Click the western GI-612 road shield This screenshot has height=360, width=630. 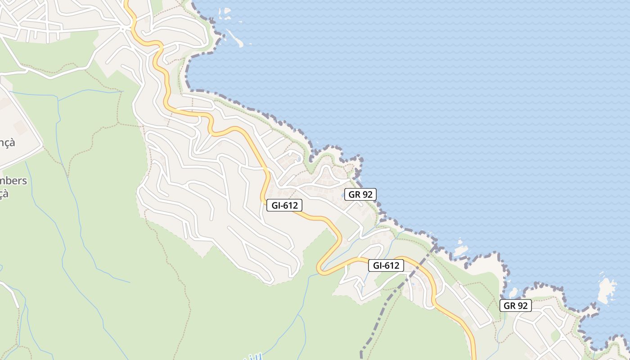point(284,205)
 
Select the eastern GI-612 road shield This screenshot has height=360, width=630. point(386,265)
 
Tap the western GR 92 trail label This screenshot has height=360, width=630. point(360,194)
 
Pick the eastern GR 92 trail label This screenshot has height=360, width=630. point(515,306)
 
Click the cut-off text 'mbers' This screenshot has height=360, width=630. point(13,181)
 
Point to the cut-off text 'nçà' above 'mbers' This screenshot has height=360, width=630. point(8,143)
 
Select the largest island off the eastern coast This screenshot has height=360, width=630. point(607,290)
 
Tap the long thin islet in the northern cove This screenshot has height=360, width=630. point(235,38)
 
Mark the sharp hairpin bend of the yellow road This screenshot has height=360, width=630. point(320,269)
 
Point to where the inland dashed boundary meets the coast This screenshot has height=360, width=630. point(435,245)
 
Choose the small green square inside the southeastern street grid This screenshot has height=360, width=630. point(555,336)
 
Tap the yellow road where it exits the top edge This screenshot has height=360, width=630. point(126,2)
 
